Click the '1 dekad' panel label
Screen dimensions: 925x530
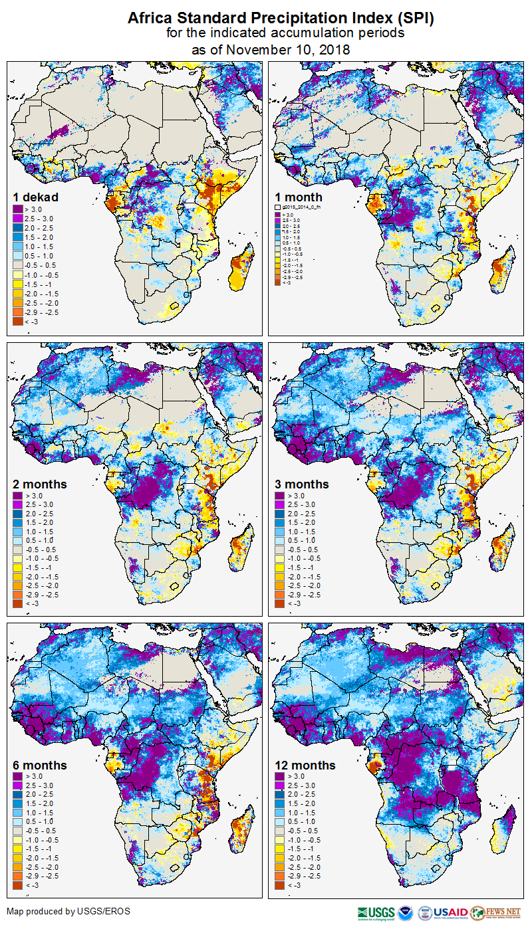pyautogui.click(x=35, y=197)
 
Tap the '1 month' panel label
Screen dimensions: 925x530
pyautogui.click(x=299, y=197)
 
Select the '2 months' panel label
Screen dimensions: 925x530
pyautogui.click(x=39, y=484)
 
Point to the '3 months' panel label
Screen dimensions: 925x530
pyautogui.click(x=302, y=484)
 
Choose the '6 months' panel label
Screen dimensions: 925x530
pyautogui.click(x=39, y=766)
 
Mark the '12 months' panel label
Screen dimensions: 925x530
pyautogui.click(x=305, y=766)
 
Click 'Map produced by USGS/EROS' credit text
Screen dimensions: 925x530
pyautogui.click(x=68, y=911)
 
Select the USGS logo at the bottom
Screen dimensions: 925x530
pyautogui.click(x=376, y=912)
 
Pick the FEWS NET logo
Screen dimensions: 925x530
pyautogui.click(x=495, y=912)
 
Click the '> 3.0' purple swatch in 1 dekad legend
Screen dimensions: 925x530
pyautogui.click(x=19, y=209)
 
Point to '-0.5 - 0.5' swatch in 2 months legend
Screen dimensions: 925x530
pyautogui.click(x=19, y=550)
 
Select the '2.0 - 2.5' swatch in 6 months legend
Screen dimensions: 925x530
pyautogui.click(x=19, y=794)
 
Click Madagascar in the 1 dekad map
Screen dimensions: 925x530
pyautogui.click(x=241, y=270)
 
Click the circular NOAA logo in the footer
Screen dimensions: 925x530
pyautogui.click(x=406, y=912)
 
